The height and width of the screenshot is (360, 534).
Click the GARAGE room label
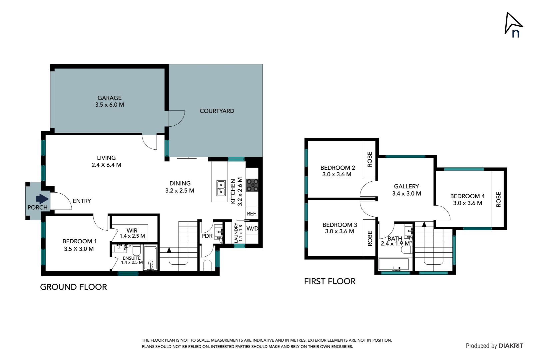(109, 98)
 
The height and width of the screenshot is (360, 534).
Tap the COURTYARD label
(217, 111)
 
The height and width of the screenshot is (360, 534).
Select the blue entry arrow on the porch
(42, 199)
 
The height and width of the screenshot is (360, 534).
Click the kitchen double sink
(221, 188)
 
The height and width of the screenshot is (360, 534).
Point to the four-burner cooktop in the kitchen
(252, 185)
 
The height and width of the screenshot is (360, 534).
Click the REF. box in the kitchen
(252, 214)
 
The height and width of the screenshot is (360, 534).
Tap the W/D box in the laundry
(252, 229)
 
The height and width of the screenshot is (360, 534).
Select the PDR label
(207, 236)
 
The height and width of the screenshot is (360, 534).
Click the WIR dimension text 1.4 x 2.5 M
(132, 236)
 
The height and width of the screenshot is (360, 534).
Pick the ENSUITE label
(132, 258)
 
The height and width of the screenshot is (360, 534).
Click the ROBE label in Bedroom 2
(369, 159)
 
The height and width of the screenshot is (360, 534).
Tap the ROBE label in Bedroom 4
(498, 199)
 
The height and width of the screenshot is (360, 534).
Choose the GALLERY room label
(406, 186)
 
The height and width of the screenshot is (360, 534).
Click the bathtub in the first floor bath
(394, 265)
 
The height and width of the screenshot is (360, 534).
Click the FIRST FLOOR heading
(329, 281)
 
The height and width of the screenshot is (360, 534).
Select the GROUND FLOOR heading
(73, 287)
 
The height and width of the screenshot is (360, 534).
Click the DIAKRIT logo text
(511, 346)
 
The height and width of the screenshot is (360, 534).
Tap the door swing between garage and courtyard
(177, 119)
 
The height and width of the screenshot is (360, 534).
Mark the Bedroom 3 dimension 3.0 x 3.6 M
(339, 231)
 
